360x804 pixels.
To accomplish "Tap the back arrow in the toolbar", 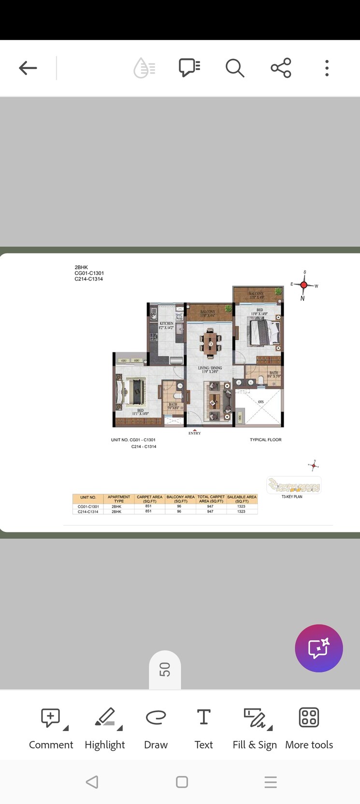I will (28, 68).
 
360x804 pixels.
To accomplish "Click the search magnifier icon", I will (234, 68).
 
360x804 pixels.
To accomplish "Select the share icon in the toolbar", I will (281, 68).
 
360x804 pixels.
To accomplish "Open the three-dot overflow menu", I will (327, 68).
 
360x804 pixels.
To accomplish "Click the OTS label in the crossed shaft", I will (261, 402).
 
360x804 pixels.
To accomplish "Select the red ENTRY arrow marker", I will (195, 430).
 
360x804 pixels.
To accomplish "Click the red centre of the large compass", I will (303, 285).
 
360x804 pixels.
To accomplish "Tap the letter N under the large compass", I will (302, 299).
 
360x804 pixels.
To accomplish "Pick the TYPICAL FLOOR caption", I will (265, 440).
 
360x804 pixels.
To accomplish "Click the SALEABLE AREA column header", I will (242, 499).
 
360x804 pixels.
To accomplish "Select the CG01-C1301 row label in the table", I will (88, 506).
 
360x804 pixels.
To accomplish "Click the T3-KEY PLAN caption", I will (292, 497).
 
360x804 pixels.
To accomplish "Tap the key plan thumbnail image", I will (294, 485).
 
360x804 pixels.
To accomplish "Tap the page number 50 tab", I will (165, 670).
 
